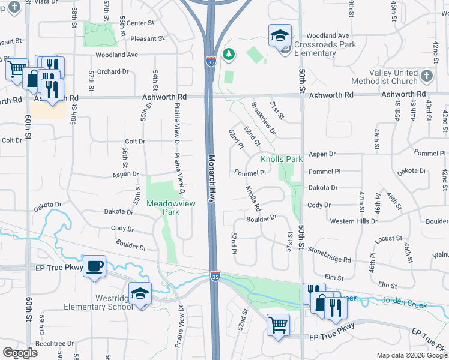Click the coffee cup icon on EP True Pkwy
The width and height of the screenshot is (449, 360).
pyautogui.click(x=95, y=266)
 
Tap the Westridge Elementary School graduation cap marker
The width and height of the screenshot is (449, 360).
pyautogui.click(x=140, y=294)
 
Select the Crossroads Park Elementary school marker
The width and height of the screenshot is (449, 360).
pyautogui.click(x=280, y=36)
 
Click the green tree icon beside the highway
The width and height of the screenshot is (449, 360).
pyautogui.click(x=228, y=55)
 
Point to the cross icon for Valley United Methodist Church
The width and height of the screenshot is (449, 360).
pyautogui.click(x=426, y=76)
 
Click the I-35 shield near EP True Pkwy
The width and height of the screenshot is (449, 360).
pyautogui.click(x=215, y=275)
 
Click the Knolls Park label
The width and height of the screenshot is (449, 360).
pyautogui.click(x=282, y=160)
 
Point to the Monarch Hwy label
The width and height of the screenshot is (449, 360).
pyautogui.click(x=211, y=180)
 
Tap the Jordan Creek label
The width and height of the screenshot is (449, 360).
pyautogui.click(x=405, y=305)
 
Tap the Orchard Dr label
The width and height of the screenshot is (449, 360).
pyautogui.click(x=113, y=71)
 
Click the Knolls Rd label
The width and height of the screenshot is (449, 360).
pyautogui.click(x=253, y=199)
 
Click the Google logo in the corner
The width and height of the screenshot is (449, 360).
pyautogui.click(x=20, y=353)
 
